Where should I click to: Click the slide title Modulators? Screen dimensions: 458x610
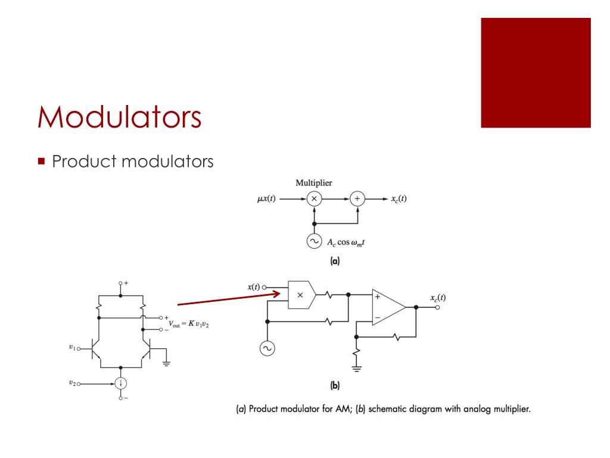[x=119, y=116]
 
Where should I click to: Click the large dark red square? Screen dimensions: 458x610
[x=536, y=73]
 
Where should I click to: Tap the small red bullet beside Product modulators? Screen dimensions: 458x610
[x=41, y=161]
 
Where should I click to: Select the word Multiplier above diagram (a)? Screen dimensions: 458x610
[x=314, y=183]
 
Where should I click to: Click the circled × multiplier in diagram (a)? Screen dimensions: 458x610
[x=314, y=199]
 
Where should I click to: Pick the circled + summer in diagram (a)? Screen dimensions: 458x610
[x=357, y=199]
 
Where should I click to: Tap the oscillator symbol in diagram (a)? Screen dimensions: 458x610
[x=314, y=241]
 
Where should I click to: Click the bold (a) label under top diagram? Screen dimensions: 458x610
[x=335, y=261]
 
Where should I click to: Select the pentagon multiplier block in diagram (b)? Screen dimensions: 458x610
[x=301, y=294]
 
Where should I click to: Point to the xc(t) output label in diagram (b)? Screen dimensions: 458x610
[x=437, y=297]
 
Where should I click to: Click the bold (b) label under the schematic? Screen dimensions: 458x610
[x=335, y=385]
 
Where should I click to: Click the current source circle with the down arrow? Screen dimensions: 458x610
[x=121, y=383]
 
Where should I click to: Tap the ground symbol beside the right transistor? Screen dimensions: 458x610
[x=166, y=363]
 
